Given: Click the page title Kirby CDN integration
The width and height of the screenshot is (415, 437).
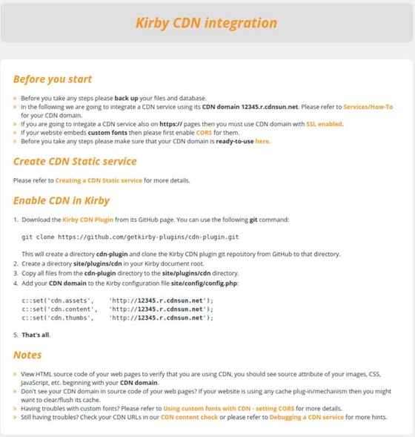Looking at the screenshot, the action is tap(207, 22).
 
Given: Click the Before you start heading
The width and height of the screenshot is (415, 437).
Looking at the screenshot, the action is tap(53, 79).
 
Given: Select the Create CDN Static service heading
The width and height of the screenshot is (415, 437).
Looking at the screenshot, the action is tap(75, 160).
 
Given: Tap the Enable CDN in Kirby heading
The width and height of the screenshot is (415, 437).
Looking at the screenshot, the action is tap(62, 200).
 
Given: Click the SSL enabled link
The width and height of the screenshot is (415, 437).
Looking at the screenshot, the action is tap(325, 124).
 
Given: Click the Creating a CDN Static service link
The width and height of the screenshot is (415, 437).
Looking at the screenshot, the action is tap(99, 180).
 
